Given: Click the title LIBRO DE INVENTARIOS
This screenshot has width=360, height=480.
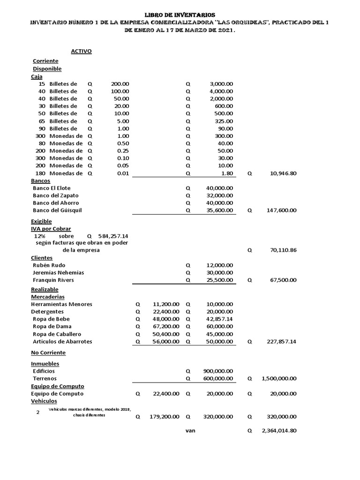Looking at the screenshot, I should coord(180,15).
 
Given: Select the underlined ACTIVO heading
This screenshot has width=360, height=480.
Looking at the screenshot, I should coord(81,51).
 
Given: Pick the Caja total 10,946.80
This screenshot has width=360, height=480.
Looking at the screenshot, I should coord(283,173).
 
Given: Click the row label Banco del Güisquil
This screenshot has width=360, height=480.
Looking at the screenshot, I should coord(57,210).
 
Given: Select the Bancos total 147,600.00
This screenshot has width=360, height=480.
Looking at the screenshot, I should coord(281,210).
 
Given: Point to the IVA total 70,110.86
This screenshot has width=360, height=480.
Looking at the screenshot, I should coord(283,250).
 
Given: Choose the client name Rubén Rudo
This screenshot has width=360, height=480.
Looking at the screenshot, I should coord(49,265).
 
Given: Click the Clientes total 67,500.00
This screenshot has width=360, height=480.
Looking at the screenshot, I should coord(283,280).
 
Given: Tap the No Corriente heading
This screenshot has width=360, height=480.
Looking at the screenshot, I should coord(48,352).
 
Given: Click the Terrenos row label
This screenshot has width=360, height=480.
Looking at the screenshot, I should coord(45,378).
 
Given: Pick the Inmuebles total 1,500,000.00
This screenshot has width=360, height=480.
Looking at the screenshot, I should coord(279,378).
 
